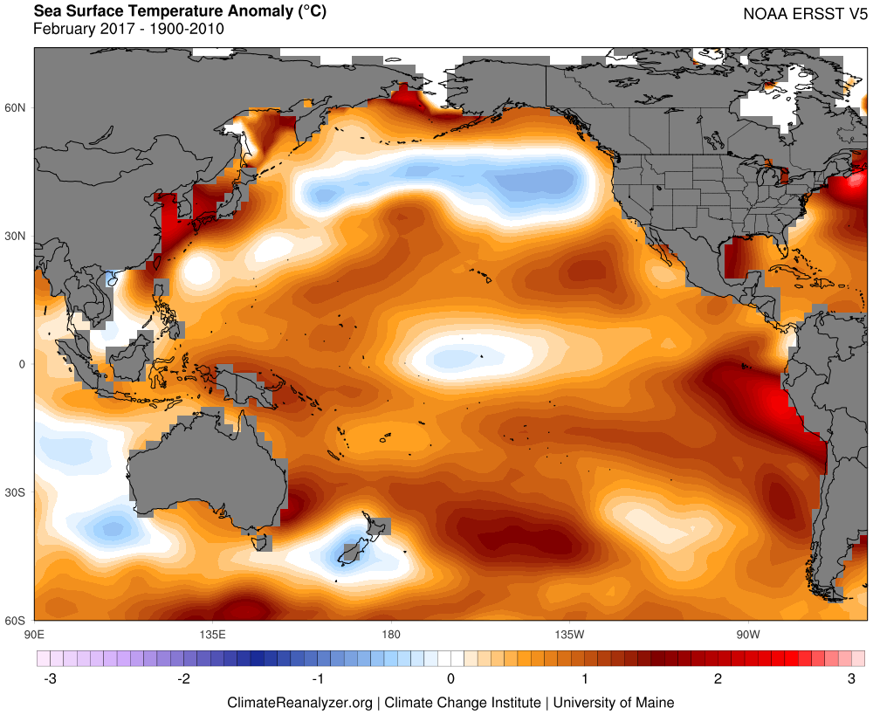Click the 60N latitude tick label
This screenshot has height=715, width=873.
click(x=17, y=107)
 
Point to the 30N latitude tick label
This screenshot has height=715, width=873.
click(x=17, y=236)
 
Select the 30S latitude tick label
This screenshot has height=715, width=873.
click(x=17, y=492)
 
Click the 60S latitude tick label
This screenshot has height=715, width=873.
click(x=17, y=621)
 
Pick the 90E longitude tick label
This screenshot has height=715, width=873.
click(x=34, y=633)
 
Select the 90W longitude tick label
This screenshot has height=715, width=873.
click(x=746, y=633)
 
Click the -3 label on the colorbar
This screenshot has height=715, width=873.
click(x=49, y=679)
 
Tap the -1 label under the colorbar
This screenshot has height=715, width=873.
click(x=318, y=679)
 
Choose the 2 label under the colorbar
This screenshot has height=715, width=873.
click(x=718, y=679)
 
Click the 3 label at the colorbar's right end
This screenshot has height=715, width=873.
click(x=851, y=679)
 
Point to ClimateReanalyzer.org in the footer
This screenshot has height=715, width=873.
click(x=299, y=702)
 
